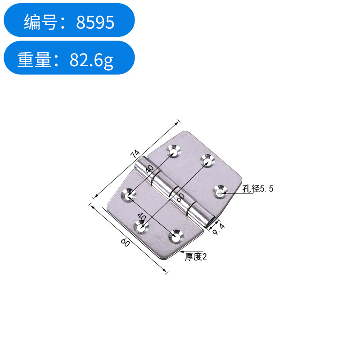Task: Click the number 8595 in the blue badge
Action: pos(95,22)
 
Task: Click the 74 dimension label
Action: pos(135,154)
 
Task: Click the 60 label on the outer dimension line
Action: pos(125,243)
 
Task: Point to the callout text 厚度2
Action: pos(196,257)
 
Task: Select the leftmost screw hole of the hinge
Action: pos(129,195)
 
